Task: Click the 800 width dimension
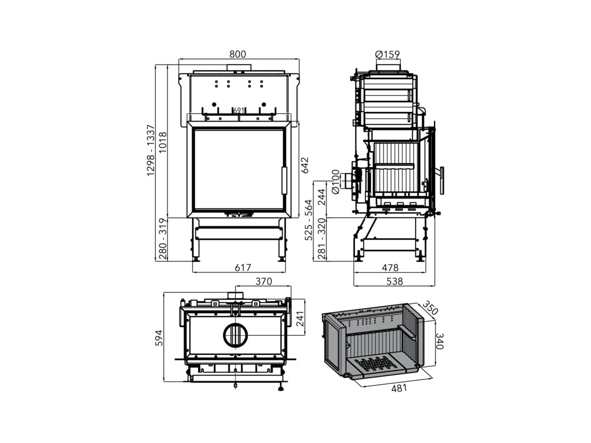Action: [x=238, y=54]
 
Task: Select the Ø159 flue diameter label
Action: [x=387, y=55]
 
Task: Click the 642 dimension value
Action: [x=305, y=165]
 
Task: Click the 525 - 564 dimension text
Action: [x=309, y=220]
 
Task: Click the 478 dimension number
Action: [x=391, y=268]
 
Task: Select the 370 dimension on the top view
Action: [x=263, y=281]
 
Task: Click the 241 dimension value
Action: [x=300, y=319]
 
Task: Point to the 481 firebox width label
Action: [x=399, y=388]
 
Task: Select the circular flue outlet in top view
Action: [x=235, y=335]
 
